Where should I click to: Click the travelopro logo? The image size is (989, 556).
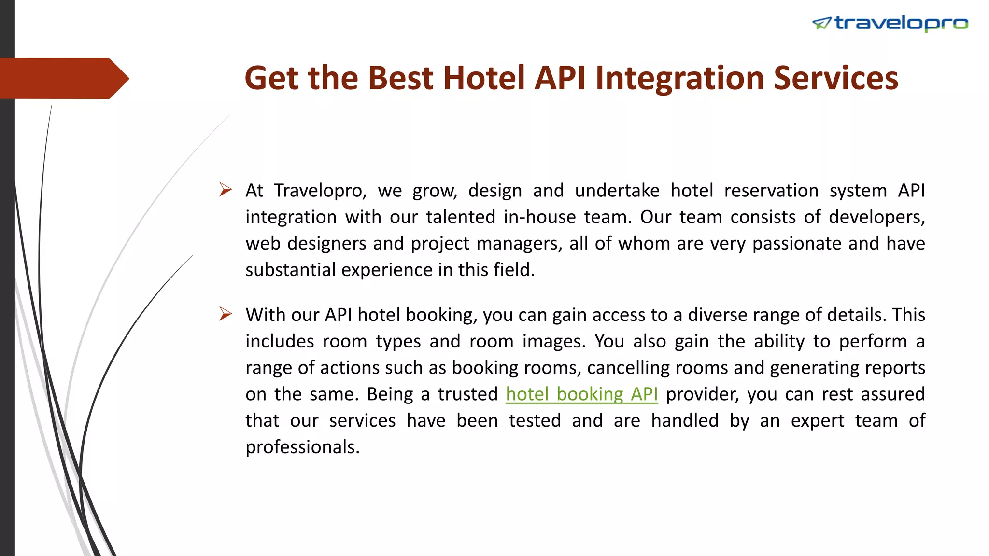tap(891, 23)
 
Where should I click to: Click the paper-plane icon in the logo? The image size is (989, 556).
tap(821, 23)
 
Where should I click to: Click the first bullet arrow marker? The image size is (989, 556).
tap(225, 189)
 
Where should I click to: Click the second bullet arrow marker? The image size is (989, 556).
tap(225, 314)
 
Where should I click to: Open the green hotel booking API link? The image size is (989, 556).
tap(581, 394)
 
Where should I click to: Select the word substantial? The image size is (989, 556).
tap(290, 270)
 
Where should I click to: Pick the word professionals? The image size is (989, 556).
tap(302, 447)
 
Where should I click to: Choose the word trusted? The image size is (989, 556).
tap(467, 394)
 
